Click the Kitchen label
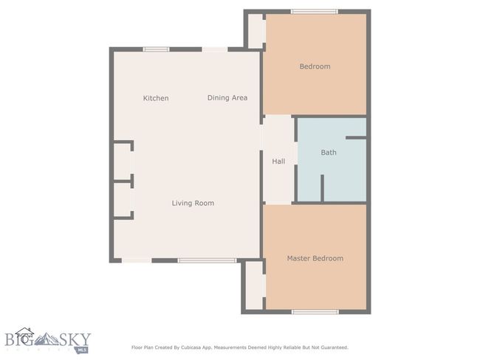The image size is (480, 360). pos(156,98)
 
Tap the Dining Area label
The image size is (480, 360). pos(227,98)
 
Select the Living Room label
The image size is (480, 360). pos(193,203)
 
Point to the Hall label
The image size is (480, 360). pos(278,162)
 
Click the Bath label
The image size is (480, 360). pos(329,152)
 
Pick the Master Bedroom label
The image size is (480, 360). pos(315,258)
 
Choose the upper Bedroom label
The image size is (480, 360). pos(315,66)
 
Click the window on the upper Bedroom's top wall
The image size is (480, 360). pos(315,12)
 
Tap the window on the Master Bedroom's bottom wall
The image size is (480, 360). pos(315,312)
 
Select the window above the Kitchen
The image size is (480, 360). pos(156,49)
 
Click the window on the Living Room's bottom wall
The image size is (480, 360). pos(207,260)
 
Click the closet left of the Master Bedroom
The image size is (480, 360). pos(254,285)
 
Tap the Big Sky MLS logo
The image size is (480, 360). pos(48,340)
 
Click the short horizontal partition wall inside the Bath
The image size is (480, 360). pos(356,138)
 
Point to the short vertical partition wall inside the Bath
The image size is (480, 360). pos(322,188)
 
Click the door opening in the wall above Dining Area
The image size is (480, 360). pos(215,49)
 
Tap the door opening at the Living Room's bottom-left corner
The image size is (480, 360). pos(137,260)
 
